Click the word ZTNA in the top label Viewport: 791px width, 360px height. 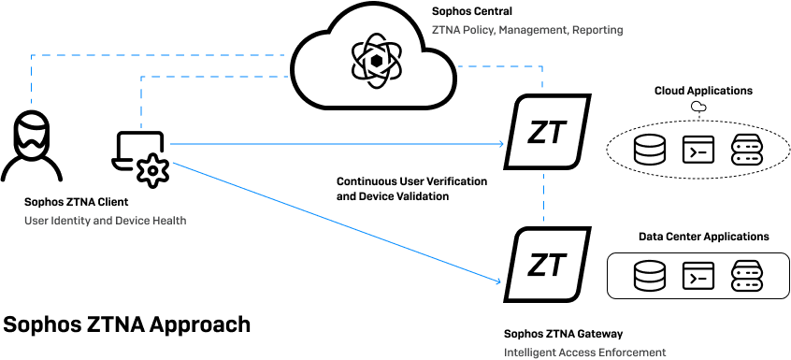[x=443, y=30]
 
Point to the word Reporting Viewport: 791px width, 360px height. [x=597, y=30]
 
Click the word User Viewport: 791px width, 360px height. [x=35, y=221]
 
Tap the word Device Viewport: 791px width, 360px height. [x=133, y=221]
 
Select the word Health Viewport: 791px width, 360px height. [x=170, y=221]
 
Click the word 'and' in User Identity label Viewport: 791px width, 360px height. [x=102, y=221]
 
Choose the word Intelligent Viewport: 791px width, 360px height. [x=529, y=353]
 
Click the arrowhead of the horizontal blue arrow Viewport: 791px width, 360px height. [x=503, y=144]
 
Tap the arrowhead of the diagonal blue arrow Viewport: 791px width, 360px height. [x=500, y=281]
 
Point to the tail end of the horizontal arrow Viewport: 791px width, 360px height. [x=171, y=144]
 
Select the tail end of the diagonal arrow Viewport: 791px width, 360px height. [x=174, y=163]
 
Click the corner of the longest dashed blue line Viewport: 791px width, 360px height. [x=32, y=56]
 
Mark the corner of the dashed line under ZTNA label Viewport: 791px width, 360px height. [x=542, y=66]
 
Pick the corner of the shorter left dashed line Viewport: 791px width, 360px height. [x=141, y=78]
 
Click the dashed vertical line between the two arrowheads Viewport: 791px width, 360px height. [x=543, y=196]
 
